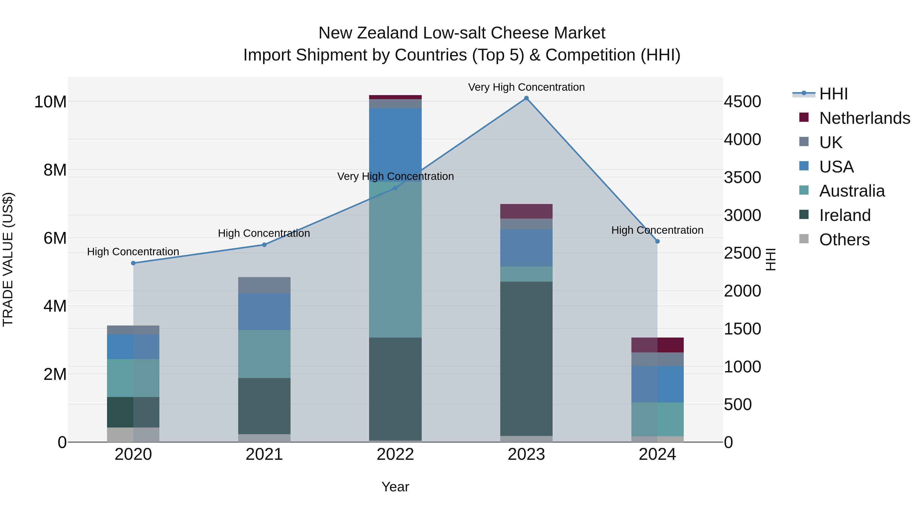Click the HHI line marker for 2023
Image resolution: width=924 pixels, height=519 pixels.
coord(526,98)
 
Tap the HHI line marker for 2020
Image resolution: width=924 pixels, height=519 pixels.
coord(133,263)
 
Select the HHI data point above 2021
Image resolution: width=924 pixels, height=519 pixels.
coord(264,245)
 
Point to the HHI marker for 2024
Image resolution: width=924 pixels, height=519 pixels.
coord(658,241)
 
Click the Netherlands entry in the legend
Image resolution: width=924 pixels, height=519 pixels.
coord(864,118)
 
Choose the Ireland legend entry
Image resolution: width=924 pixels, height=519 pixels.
coord(845,215)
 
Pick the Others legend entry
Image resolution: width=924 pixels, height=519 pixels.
coord(844,240)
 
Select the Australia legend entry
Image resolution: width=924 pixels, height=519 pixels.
coord(852,191)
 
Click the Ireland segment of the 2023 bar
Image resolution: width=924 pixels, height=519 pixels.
coord(526,358)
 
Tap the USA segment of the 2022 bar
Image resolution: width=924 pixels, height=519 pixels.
coord(395,145)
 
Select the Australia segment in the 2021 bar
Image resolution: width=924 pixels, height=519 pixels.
coord(264,354)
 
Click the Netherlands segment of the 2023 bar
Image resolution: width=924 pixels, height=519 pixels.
coord(526,211)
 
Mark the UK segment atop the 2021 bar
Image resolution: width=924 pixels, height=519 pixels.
coord(264,285)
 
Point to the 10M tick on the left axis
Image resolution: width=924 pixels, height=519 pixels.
coord(50,102)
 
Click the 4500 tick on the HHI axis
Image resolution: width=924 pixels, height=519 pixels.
coord(742,102)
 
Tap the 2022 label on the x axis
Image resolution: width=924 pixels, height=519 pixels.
coord(395,454)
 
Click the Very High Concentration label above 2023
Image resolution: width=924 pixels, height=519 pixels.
coord(526,87)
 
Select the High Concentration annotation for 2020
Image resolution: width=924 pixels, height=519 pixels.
coord(133,252)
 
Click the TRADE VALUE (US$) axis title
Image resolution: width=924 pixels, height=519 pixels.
coord(8,259)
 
